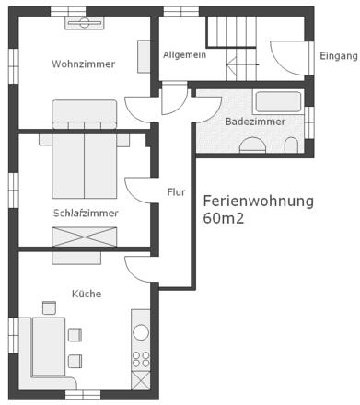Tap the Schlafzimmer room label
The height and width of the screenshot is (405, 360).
(85, 213)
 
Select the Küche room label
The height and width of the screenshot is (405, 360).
(87, 294)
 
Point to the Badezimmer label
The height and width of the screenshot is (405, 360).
(255, 121)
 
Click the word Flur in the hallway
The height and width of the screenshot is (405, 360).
(176, 192)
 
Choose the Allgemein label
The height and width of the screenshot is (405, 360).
(183, 55)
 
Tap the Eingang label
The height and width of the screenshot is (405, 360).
(338, 56)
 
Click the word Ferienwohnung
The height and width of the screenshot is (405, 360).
(258, 201)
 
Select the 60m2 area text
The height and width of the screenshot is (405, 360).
(224, 219)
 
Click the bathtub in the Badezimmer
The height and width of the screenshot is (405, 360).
(277, 102)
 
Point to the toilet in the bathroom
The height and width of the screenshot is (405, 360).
(292, 145)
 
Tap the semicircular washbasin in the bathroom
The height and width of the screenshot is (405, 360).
(251, 145)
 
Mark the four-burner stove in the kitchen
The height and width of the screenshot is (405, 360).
(141, 357)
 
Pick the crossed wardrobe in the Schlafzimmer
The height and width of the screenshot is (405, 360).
(84, 236)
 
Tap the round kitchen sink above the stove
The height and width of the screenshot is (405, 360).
(141, 330)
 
